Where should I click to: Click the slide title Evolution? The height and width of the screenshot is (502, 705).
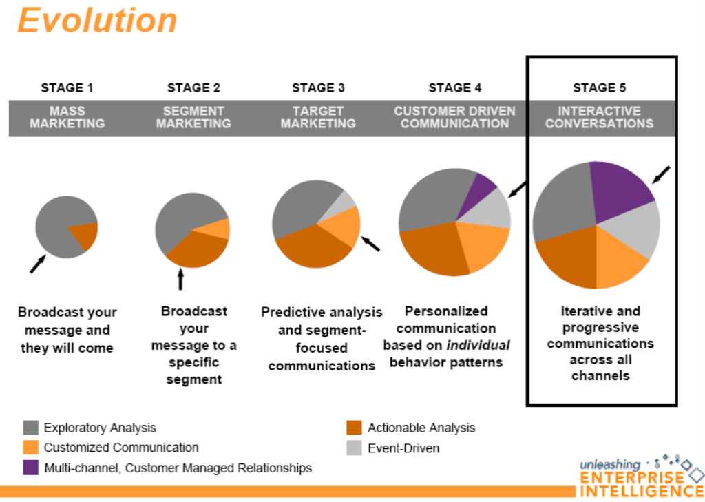pos(97,20)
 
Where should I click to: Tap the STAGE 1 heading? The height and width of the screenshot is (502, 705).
pos(67,87)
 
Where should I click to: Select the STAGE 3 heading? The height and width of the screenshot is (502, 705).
pos(318,87)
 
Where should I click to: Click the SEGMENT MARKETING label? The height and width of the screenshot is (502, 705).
pos(193,117)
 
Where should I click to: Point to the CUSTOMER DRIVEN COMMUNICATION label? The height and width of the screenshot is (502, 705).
pos(454,117)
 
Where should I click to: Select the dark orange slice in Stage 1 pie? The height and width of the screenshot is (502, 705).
pos(85,236)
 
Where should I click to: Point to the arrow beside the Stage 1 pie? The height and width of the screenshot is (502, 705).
pos(37,264)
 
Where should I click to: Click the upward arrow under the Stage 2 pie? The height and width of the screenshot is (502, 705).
pos(180,278)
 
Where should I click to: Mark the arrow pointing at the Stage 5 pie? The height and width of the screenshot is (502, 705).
pos(660,175)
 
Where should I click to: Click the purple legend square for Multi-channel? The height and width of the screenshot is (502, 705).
pos(30,468)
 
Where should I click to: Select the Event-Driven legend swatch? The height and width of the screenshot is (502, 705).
pos(354,448)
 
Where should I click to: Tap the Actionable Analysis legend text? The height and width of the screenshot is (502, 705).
pos(421,428)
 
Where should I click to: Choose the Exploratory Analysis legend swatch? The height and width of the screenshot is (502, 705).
pos(30,428)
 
